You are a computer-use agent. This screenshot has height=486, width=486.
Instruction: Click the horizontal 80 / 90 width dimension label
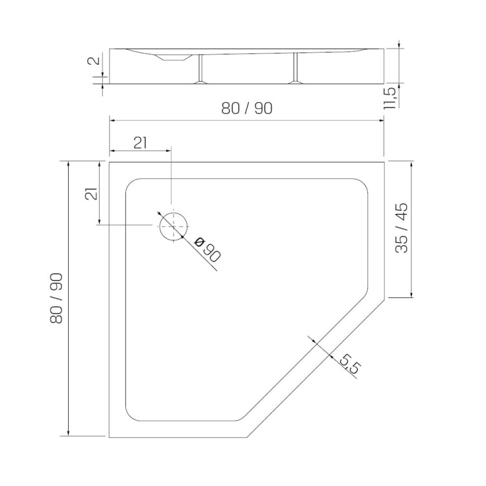pyautogui.click(x=247, y=108)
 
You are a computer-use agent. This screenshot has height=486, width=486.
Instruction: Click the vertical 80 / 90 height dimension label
pyautogui.click(x=56, y=299)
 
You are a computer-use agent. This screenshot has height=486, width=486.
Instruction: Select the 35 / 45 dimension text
pyautogui.click(x=402, y=228)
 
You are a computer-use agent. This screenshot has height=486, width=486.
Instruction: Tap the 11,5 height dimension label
pyautogui.click(x=390, y=98)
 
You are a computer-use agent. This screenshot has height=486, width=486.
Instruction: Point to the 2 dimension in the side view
pyautogui.click(x=95, y=60)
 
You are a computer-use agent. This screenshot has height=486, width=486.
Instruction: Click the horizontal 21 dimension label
pyautogui.click(x=140, y=143)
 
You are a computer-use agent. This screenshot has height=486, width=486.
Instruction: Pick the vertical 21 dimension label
pyautogui.click(x=92, y=194)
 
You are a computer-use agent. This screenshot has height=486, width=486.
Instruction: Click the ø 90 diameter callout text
pyautogui.click(x=207, y=249)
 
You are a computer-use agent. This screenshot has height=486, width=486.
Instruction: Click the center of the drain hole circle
pyautogui.click(x=174, y=227)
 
